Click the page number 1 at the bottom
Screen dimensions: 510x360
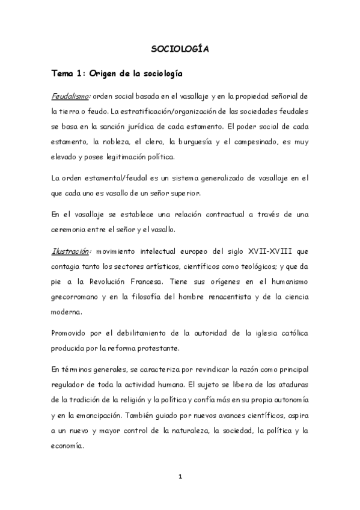(x=180, y=477)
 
